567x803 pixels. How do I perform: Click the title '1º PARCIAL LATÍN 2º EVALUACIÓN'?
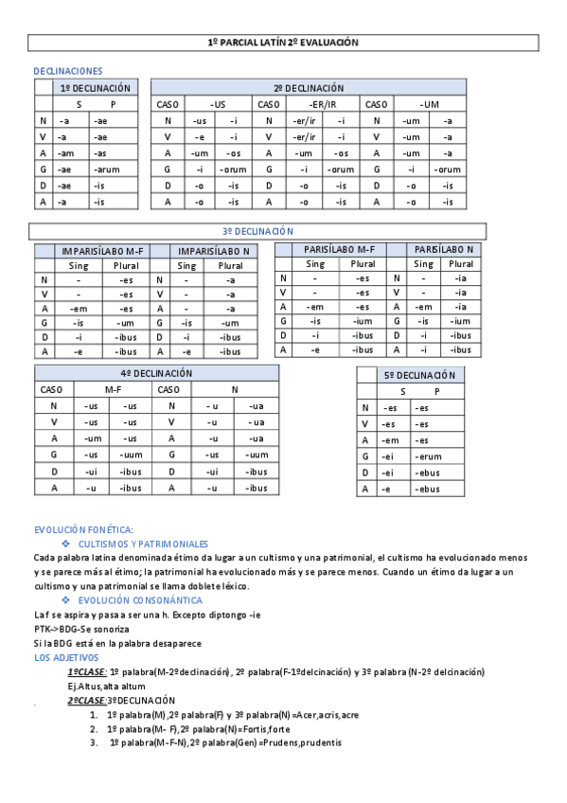coord(283,44)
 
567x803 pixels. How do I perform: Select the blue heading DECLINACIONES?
coord(67,71)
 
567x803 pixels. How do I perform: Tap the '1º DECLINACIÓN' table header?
coord(95,88)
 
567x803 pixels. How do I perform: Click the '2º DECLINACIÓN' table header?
coord(310,88)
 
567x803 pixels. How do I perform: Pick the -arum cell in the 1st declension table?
coord(104,170)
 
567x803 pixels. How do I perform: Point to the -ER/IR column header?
coord(322,104)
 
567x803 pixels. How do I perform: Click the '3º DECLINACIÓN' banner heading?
coord(257,231)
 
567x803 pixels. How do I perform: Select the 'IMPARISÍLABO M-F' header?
coord(99,252)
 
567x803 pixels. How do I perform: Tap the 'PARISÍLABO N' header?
coord(444,249)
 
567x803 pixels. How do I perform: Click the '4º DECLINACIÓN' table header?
coord(156,374)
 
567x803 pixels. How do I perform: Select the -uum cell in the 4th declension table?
coord(131,455)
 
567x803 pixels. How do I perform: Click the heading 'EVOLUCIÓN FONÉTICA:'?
coord(83,530)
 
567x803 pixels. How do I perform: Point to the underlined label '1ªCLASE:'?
coord(86,671)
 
